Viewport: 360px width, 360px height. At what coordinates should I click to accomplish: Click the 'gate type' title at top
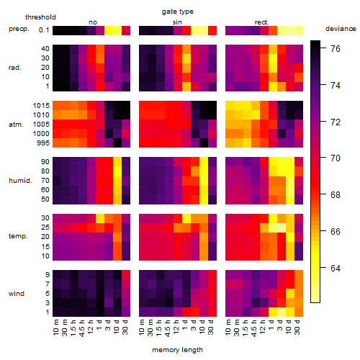[178, 12]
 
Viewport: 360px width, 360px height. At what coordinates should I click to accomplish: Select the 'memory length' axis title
[177, 350]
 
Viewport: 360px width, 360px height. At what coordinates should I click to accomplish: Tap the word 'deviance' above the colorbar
[341, 29]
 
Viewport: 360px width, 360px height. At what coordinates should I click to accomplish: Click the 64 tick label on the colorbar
[336, 268]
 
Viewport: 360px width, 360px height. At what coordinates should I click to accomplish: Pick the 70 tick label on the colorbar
[336, 158]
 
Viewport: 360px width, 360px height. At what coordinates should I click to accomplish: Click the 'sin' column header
[177, 22]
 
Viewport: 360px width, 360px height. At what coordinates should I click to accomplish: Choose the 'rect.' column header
[261, 22]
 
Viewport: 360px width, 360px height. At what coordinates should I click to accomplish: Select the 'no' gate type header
[93, 22]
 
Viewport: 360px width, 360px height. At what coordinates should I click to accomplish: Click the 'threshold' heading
[40, 17]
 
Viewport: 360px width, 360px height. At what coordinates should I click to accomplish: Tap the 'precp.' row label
[19, 29]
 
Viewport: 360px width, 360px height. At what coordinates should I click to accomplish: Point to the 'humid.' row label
[20, 181]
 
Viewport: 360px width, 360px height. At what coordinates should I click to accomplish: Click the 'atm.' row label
[16, 125]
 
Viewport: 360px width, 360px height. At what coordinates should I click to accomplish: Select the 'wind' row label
[17, 294]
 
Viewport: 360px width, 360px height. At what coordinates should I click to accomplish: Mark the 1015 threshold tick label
[41, 106]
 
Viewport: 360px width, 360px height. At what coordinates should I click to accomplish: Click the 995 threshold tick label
[43, 143]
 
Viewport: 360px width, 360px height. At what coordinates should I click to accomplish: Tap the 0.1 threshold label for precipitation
[44, 30]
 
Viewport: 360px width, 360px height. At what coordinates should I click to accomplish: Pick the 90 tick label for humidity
[45, 162]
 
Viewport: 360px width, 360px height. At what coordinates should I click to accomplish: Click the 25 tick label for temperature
[45, 228]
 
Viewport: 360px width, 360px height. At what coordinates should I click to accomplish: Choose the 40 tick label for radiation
[45, 49]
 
